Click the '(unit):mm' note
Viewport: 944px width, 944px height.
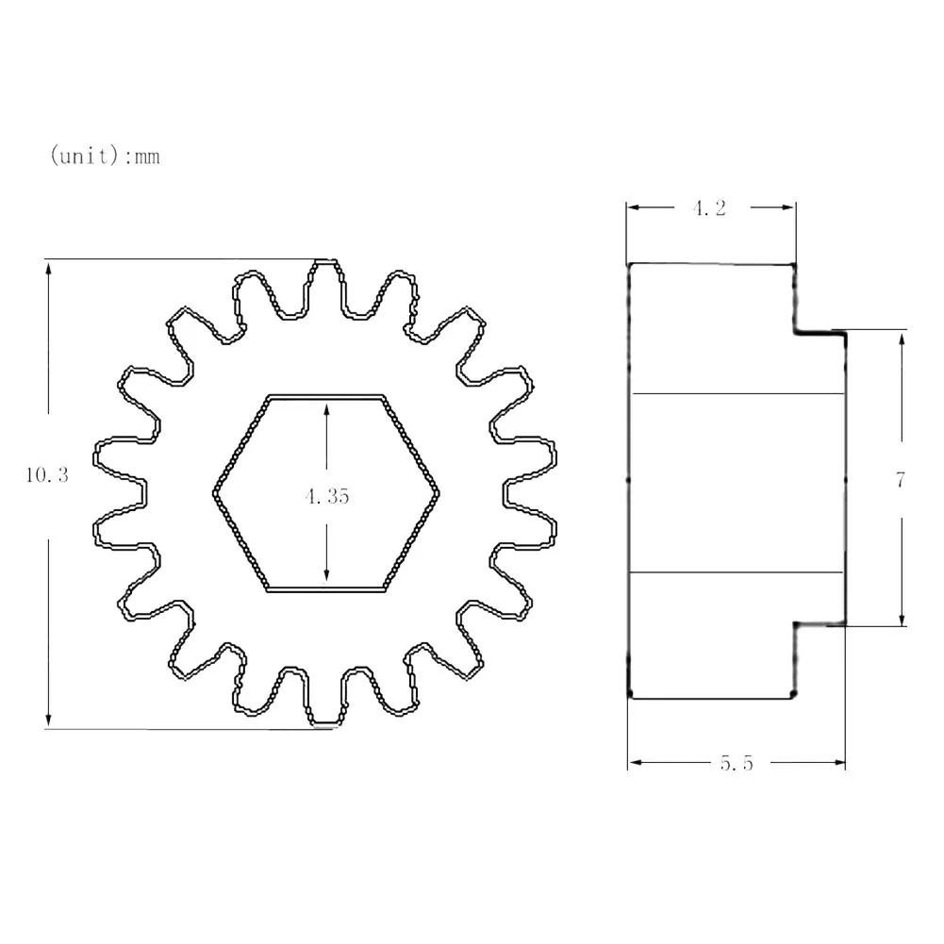[x=105, y=156]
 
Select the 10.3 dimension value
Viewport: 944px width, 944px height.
[x=46, y=476]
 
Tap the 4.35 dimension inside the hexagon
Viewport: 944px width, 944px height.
[x=326, y=497]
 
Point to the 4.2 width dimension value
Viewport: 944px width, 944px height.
[x=710, y=209]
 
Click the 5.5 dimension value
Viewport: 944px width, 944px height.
[x=737, y=764]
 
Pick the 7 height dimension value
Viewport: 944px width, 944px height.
[x=901, y=480]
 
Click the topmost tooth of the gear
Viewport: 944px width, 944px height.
[x=323, y=283]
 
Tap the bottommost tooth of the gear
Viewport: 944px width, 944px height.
[x=323, y=703]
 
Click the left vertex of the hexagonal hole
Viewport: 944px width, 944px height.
[x=214, y=491]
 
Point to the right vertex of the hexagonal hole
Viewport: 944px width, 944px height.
[x=439, y=491]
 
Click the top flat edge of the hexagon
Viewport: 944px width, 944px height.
[x=326, y=396]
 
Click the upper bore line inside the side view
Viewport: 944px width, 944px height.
[x=736, y=392]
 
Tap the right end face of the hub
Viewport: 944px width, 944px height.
[x=844, y=477]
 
